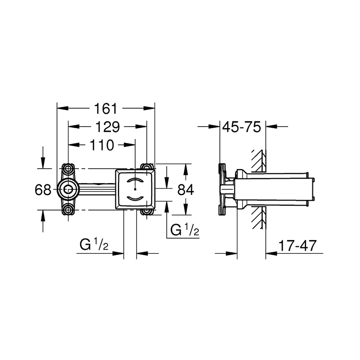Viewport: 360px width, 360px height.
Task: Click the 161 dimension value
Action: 105,109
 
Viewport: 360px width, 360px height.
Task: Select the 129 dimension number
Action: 107,127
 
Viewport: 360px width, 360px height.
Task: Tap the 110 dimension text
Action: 102,145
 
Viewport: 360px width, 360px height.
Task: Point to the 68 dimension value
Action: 43,190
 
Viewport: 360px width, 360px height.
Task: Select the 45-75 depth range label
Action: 242,127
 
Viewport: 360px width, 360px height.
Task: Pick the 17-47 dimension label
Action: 297,246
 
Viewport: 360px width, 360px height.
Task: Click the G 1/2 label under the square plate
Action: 94,245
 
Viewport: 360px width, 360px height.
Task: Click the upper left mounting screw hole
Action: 68,169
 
